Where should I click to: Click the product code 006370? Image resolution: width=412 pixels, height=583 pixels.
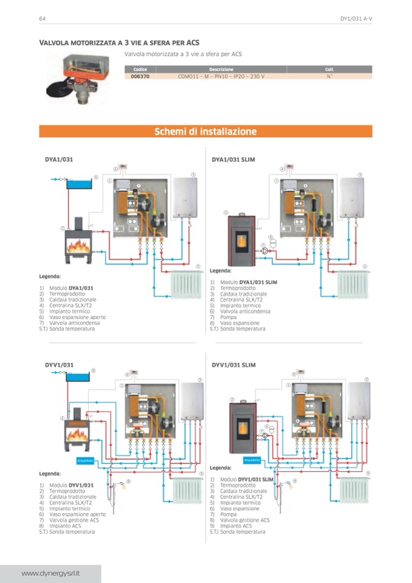(140, 76)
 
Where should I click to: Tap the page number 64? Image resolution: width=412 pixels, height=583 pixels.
(43, 18)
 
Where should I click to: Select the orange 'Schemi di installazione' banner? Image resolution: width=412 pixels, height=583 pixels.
(205, 131)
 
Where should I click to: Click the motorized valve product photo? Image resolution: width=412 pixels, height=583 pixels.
(78, 77)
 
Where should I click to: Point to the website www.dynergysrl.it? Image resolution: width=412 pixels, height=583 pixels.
(52, 573)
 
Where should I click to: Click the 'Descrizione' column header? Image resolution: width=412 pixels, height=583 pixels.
(221, 69)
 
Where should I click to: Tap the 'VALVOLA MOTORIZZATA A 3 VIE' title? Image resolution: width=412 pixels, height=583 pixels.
(119, 43)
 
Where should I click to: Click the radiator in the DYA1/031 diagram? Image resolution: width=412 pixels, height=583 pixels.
(187, 285)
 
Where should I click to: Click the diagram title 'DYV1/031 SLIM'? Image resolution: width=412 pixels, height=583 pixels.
(233, 365)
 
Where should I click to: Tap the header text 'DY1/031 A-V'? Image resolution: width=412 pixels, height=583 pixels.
(356, 18)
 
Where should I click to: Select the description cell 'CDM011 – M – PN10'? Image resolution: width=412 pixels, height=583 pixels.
(221, 76)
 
